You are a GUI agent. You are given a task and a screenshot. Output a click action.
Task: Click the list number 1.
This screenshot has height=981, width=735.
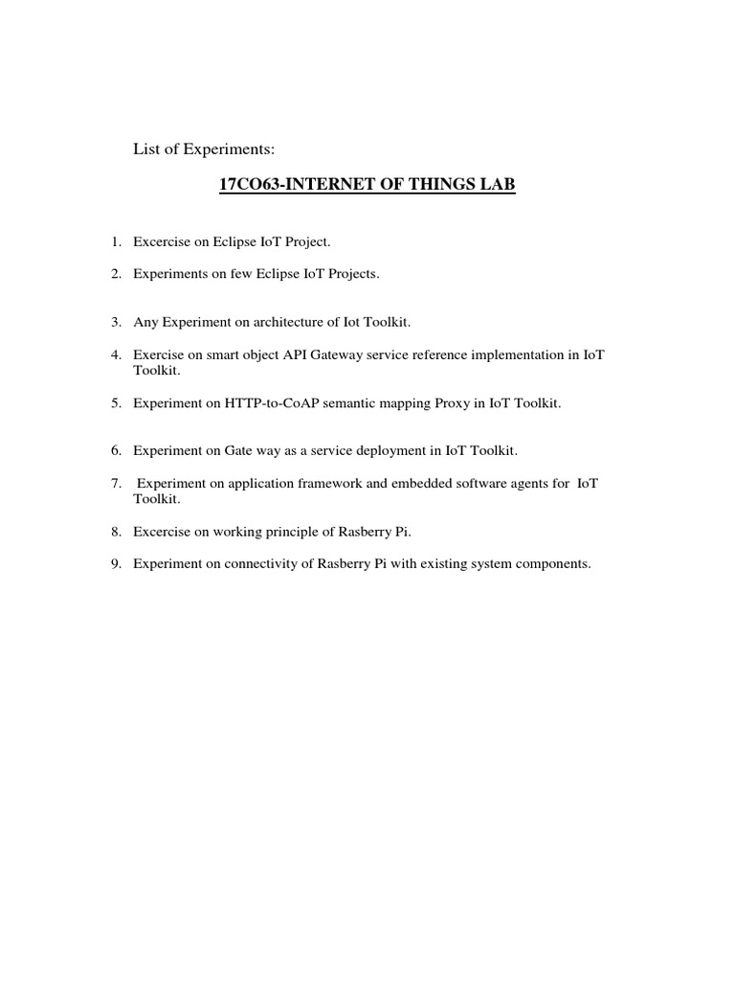tap(115, 243)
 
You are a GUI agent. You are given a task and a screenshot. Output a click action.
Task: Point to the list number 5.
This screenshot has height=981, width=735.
tap(115, 403)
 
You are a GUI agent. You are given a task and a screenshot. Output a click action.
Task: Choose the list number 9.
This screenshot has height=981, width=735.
tap(115, 564)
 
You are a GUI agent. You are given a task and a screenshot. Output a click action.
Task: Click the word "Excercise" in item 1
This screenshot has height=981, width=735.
tap(162, 243)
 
